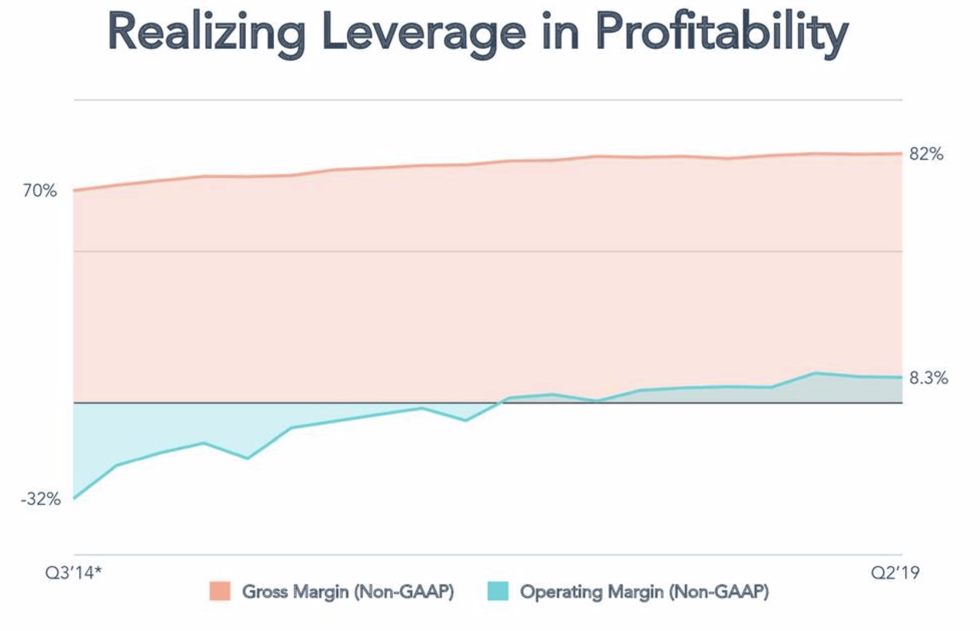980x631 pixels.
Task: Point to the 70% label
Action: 40,191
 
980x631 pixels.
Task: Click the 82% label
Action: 926,155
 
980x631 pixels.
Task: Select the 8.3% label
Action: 929,378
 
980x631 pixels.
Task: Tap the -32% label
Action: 40,499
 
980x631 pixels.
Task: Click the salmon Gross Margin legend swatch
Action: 220,591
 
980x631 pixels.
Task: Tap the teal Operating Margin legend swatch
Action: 498,591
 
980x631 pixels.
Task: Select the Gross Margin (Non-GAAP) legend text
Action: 348,591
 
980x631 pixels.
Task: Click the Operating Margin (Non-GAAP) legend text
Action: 644,591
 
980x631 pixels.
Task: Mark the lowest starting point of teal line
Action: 74,499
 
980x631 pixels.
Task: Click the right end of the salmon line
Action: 902,154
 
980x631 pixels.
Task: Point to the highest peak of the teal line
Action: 814,373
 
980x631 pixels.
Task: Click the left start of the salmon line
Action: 74,190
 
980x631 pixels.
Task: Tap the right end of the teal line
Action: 902,377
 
